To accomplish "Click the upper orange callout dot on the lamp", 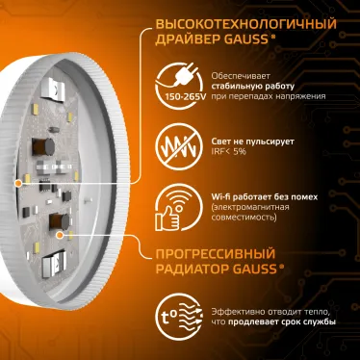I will tap(18, 180).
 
